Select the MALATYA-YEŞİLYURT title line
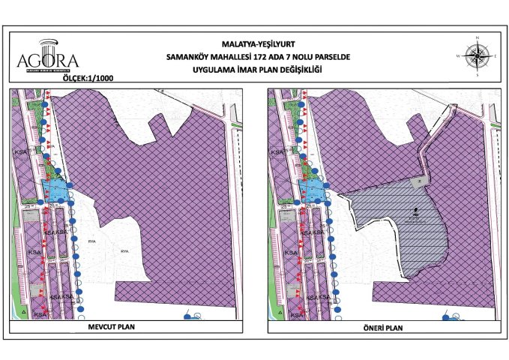tap(254, 44)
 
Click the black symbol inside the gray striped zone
tap(415, 212)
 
